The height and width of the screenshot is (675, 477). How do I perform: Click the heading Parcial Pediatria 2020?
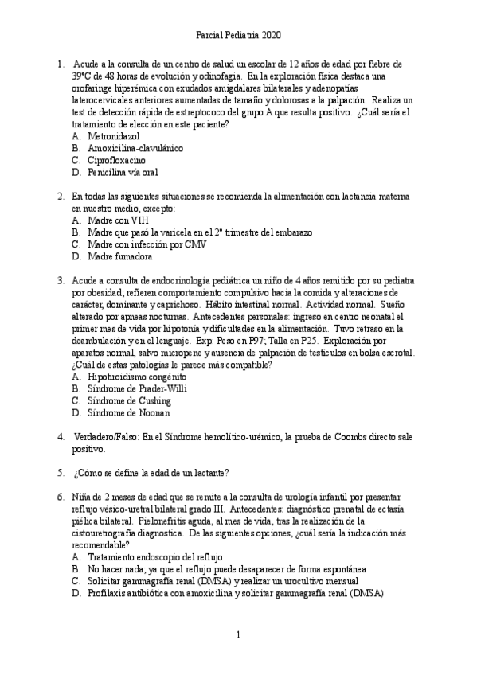tap(238, 36)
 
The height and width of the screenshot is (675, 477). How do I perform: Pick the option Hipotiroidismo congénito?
tap(137, 377)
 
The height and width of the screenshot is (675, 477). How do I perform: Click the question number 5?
tap(61, 473)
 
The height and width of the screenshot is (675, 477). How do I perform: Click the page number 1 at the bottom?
tap(238, 635)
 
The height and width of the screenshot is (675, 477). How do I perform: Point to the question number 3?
tap(61, 280)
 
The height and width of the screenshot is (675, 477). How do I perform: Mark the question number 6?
tap(61, 497)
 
